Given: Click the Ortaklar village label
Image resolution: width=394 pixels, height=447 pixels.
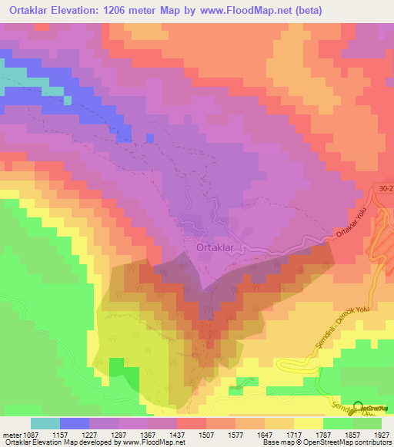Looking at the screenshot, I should click(x=220, y=247).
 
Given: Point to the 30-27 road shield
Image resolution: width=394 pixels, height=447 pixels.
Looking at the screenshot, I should click(x=384, y=187).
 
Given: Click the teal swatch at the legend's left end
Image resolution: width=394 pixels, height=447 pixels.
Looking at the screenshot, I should click(x=45, y=423).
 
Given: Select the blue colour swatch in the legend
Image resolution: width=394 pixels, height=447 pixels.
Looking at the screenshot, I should click(x=74, y=423).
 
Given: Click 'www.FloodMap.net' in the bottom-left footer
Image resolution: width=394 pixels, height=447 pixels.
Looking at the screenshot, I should click(x=155, y=442).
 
